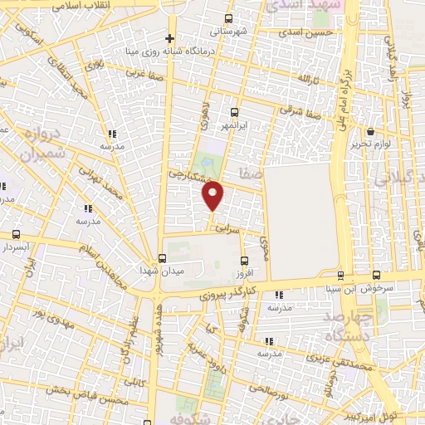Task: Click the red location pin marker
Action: pyautogui.click(x=213, y=196)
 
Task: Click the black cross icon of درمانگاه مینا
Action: pyautogui.click(x=169, y=38)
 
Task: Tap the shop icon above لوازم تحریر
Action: pyautogui.click(x=370, y=131)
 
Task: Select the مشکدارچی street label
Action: pyautogui.click(x=188, y=176)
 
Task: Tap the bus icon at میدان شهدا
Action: pyautogui.click(x=161, y=256)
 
